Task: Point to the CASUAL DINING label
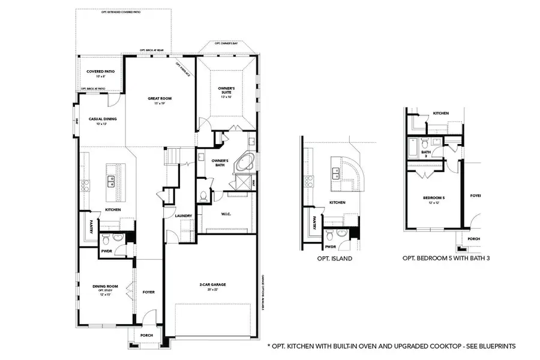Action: [x=103, y=119]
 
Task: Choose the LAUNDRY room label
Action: [x=184, y=216]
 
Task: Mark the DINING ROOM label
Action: [x=105, y=287]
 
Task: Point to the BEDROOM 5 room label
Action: [x=434, y=197]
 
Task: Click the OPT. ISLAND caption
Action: [x=334, y=259]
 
